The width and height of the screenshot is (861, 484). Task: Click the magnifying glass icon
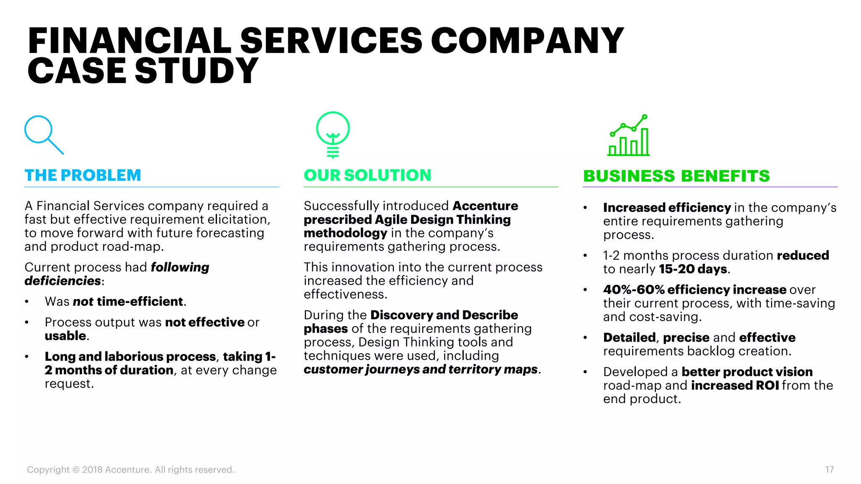click(43, 134)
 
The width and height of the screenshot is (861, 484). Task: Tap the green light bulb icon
click(333, 134)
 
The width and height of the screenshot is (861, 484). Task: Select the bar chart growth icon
click(629, 136)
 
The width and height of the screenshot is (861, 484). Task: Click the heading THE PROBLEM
click(83, 175)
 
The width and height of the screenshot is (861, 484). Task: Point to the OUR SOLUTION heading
click(367, 175)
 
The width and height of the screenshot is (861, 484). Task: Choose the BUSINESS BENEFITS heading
click(676, 176)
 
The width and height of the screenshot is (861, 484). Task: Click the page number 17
click(829, 469)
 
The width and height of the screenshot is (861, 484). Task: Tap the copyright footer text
click(131, 469)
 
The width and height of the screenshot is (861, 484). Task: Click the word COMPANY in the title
click(527, 41)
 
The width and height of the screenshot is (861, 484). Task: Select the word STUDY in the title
click(196, 71)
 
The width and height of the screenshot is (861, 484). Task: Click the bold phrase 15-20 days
click(693, 269)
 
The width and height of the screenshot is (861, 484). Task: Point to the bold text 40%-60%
click(634, 289)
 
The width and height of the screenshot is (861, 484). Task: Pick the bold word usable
click(66, 336)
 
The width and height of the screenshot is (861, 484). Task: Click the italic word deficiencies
click(63, 281)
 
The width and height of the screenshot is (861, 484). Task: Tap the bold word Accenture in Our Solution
click(485, 206)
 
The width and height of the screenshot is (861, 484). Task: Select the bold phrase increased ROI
click(735, 385)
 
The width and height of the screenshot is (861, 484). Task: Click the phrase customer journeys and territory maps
click(421, 369)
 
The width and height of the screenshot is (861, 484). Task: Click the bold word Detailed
click(629, 337)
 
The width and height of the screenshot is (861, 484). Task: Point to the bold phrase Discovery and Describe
click(444, 315)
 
